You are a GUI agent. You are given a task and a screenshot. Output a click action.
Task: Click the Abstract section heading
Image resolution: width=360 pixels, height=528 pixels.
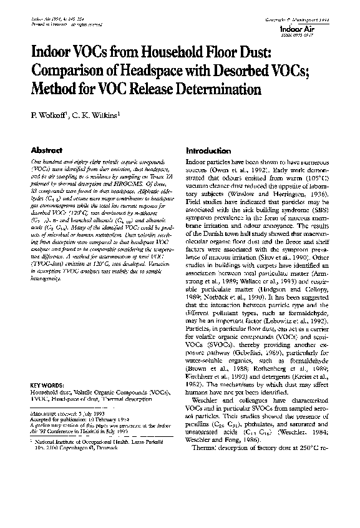pyautogui.click(x=47, y=151)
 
